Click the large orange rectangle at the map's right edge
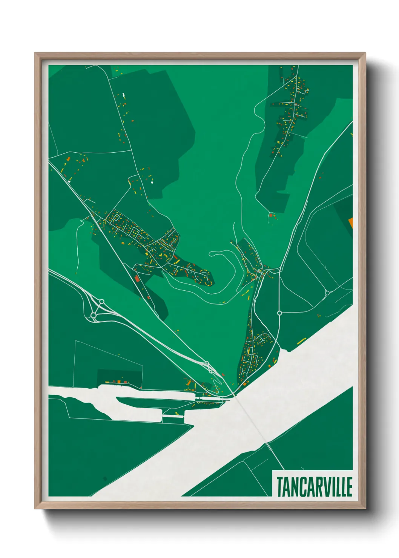pos(350,222)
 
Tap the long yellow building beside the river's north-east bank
pos(301,342)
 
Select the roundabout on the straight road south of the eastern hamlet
pos(279,313)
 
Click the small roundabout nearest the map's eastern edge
pos(327,293)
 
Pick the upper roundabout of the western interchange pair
pos(101,301)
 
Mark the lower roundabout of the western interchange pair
pos(93,315)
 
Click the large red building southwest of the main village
pos(137,279)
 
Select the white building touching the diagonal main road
pos(69,181)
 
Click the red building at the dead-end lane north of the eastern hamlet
pos(270,215)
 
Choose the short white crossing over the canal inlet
pos(173,416)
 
